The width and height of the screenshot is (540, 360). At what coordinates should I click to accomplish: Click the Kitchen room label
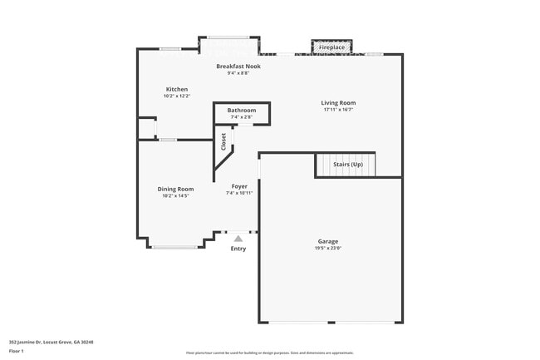point(176,89)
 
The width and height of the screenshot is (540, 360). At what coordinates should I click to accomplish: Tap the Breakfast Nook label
point(238,66)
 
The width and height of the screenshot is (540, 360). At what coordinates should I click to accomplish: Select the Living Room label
point(338,102)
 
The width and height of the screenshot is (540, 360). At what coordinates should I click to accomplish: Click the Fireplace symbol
point(332,47)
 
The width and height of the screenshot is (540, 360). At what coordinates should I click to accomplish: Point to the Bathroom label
point(242,110)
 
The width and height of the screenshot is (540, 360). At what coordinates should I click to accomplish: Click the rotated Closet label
point(223,141)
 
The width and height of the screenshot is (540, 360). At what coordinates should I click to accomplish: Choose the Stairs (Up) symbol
point(346,165)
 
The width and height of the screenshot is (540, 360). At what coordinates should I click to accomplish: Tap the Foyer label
point(239,185)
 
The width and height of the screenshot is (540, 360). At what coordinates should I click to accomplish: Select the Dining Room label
point(175,189)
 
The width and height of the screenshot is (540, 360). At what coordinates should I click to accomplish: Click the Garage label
point(328,241)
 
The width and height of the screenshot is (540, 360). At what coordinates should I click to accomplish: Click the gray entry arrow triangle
point(238,239)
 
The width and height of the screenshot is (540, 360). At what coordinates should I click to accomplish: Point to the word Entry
point(238,249)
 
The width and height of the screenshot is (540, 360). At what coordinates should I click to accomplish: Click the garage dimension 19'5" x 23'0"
point(328,248)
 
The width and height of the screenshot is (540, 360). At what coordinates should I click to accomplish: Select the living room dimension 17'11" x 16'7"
point(338,109)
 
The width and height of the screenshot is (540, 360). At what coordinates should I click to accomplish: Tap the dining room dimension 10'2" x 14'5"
point(175,195)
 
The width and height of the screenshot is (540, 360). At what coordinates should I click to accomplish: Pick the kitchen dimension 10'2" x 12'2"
point(176,96)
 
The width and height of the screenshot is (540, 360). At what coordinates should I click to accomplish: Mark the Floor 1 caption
point(17,351)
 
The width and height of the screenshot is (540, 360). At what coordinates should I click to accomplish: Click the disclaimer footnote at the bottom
point(269,353)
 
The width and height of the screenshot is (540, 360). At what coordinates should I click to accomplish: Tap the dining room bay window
point(174,247)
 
